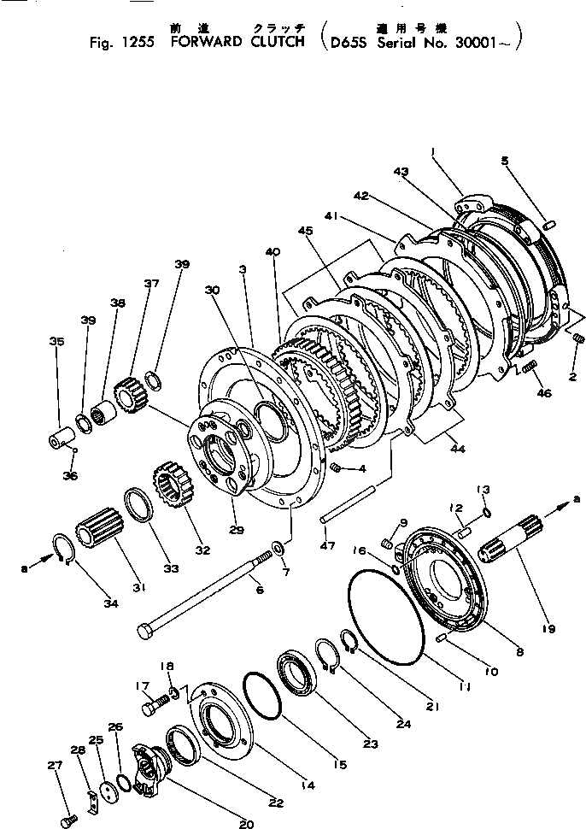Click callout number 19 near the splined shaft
pos(548,629)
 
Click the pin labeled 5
pos(550,225)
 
